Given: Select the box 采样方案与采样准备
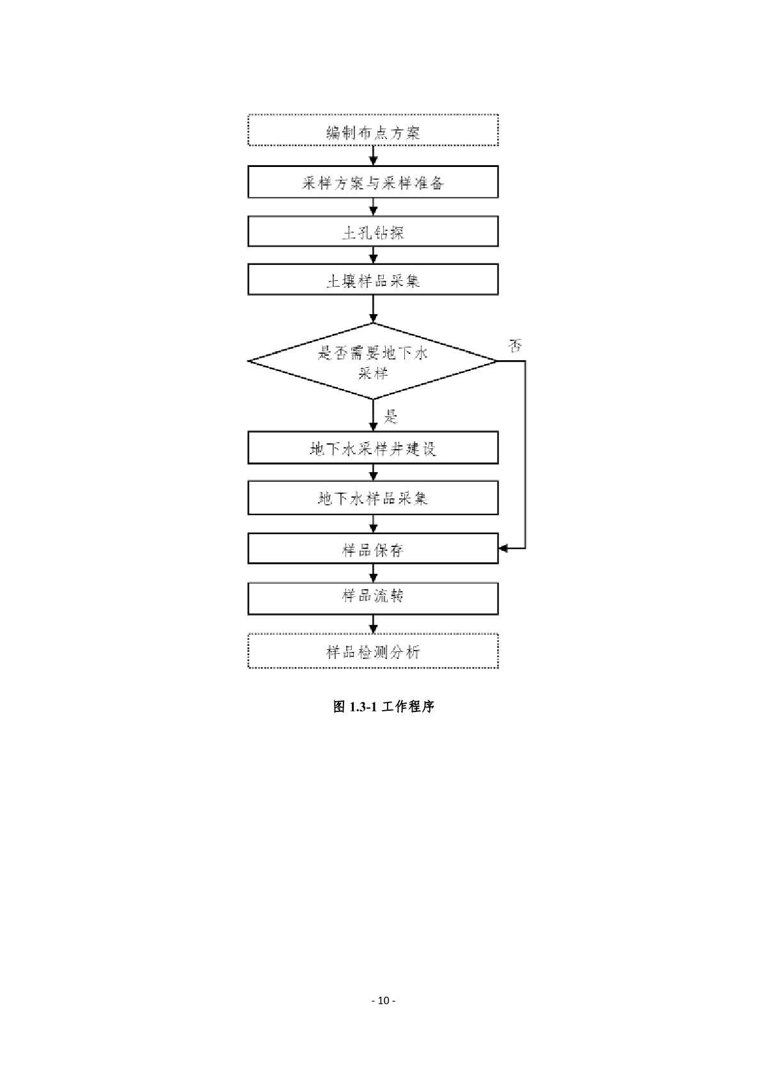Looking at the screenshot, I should (373, 182).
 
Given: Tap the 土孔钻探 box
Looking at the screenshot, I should (373, 232).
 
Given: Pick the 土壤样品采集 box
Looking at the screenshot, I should (373, 280).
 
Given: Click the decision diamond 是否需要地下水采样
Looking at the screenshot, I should (373, 361).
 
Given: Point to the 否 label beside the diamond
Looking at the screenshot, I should (515, 346).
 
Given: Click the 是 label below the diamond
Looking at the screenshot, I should (391, 418).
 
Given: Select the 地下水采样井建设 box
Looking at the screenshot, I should (373, 448).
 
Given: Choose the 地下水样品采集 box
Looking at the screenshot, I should (373, 498).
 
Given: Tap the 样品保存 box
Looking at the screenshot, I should (373, 549).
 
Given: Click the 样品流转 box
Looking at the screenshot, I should (373, 598).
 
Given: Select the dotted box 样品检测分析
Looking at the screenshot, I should (373, 651).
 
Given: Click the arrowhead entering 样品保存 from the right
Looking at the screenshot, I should (503, 548).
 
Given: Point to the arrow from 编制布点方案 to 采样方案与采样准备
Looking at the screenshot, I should (374, 156).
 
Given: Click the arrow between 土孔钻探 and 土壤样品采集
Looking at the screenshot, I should (374, 255).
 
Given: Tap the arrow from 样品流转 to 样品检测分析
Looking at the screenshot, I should (374, 624).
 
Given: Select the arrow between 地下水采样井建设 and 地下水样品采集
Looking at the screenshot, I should (374, 473).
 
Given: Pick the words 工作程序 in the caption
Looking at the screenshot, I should (408, 707).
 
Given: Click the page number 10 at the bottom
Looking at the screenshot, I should (383, 1001).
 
